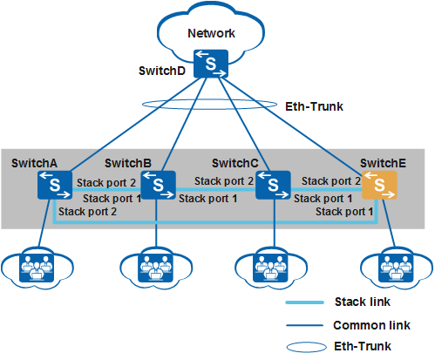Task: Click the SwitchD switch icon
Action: point(211,64)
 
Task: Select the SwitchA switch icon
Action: point(55,185)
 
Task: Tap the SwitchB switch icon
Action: point(158,185)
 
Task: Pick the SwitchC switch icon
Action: point(273,185)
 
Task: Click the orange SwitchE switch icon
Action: point(379,185)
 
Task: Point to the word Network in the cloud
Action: point(211,33)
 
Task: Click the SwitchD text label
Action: point(162,71)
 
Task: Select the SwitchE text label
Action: point(383,163)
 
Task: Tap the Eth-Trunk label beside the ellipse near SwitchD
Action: point(314,106)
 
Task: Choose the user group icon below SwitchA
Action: point(37,268)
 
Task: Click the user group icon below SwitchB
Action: point(155,268)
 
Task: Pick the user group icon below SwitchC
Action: point(270,268)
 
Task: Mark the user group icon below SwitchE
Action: point(396,268)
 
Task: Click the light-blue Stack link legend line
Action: point(304,302)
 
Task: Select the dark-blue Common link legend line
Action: point(304,325)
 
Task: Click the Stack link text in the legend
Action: point(363,302)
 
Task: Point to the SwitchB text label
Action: point(128,163)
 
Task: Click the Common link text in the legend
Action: point(371,325)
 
